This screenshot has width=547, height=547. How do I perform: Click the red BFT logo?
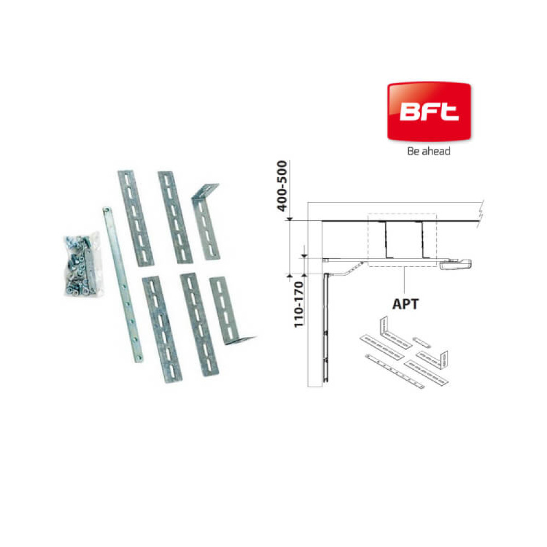[x=429, y=111]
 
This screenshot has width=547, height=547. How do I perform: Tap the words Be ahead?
[x=429, y=151]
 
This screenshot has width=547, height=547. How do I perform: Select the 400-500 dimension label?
[x=282, y=185]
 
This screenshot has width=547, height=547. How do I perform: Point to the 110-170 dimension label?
[x=299, y=305]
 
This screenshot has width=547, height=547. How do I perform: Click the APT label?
[x=405, y=304]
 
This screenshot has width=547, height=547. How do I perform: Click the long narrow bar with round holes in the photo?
[x=123, y=284]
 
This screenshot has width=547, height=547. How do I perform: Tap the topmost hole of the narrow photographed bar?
[x=107, y=211]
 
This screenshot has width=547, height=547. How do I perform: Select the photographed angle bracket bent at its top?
[x=206, y=222]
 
